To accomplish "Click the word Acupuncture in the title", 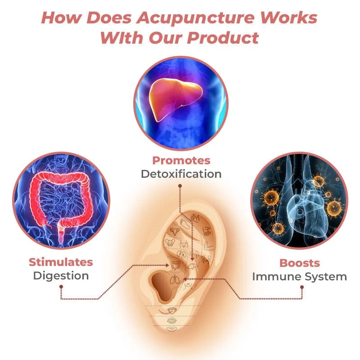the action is coord(195,18).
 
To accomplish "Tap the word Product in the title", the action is coord(223,38).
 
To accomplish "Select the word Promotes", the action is coord(181,161).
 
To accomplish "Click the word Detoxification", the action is coord(181,174).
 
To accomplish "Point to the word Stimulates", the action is coord(61,262).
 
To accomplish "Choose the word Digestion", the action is coord(61,276).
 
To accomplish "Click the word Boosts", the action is coord(300,263).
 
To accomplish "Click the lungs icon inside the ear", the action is coord(175,279).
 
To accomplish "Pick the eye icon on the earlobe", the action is coord(171,320).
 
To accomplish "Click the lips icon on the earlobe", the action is coord(171,329).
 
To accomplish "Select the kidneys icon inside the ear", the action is coord(181,254).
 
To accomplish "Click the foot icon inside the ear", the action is coord(184,223).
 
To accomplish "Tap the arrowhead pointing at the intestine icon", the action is coord(167,265).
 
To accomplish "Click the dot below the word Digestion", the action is coord(61,287).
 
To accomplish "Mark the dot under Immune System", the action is coord(302,287).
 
